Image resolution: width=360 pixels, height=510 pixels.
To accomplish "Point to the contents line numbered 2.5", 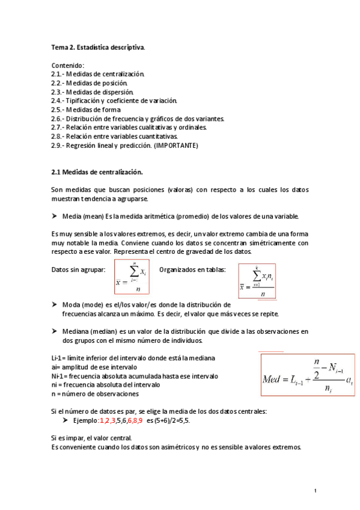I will tap(86, 109).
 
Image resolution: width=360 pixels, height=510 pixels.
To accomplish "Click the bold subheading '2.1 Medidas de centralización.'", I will tap(97, 171).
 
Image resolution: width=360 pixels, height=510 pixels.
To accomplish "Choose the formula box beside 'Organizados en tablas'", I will tap(257, 281).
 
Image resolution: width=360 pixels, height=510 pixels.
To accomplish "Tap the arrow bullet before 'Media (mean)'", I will tap(55, 216).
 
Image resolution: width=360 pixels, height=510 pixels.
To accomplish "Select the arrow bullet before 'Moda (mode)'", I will tap(55, 305).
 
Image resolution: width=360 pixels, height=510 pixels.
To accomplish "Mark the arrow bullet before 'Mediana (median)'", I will tap(55, 331).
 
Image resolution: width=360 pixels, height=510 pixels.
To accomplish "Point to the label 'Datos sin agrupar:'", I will tap(79, 269).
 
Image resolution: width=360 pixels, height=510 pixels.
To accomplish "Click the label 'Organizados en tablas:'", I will tap(192, 269).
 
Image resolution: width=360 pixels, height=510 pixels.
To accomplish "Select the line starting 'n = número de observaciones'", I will tap(95, 394).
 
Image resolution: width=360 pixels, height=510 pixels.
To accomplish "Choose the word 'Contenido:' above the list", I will tap(68, 65).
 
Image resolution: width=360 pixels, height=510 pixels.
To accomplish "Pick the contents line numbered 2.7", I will tap(129, 127).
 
